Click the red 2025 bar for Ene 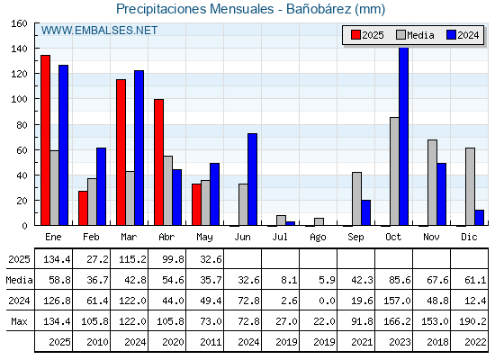pos(45,140)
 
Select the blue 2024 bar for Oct pos(403,136)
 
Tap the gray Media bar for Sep pos(356,199)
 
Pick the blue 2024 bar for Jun pos(252,179)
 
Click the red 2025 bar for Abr pos(158,162)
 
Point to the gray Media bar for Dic pos(470,187)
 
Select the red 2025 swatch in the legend pos(355,35)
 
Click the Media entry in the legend pos(415,35)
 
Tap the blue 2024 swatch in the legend pos(451,35)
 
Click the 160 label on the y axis pos(19,23)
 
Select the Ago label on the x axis pos(318,238)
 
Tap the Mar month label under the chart pos(129,237)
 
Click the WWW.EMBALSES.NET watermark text pos(99,31)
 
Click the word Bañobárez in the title pos(319,9)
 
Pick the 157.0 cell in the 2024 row pos(397,301)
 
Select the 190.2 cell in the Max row pos(472,321)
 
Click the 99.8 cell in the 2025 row pos(173,259)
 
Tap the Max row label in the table pos(19,321)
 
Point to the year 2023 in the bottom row pos(400,342)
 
